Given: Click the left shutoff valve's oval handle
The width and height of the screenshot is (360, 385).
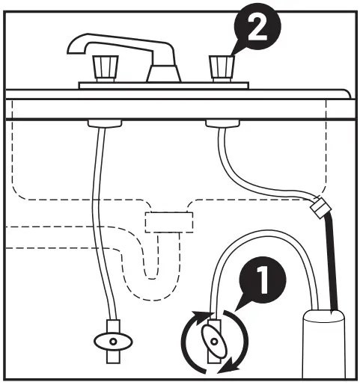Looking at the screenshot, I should pos(112,341).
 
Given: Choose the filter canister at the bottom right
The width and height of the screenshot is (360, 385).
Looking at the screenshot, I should pos(323,344).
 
